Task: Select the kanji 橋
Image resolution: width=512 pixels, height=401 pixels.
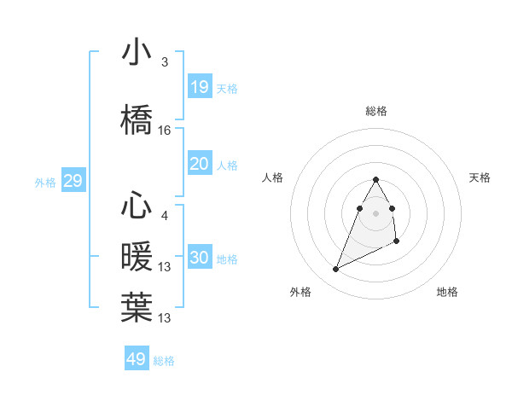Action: click(137, 119)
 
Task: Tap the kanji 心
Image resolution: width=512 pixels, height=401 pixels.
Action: click(137, 206)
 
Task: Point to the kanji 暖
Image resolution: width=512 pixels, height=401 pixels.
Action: click(137, 256)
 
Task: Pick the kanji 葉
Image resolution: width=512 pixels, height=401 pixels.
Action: click(137, 306)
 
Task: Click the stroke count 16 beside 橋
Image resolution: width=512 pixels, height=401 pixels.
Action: click(165, 131)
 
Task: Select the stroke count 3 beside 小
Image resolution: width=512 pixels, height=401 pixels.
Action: click(165, 62)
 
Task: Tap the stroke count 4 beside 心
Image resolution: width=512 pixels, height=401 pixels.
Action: click(165, 216)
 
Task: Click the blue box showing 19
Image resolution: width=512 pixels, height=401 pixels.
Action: click(200, 86)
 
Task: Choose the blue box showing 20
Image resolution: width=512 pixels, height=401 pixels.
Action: click(200, 164)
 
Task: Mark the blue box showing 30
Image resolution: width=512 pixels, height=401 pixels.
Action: click(200, 258)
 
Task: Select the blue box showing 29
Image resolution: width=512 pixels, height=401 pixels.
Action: click(73, 181)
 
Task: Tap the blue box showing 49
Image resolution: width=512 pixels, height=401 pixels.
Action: click(137, 359)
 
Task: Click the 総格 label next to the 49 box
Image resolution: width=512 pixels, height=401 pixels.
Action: click(164, 361)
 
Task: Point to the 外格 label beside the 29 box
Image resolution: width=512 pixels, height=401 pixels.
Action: click(44, 182)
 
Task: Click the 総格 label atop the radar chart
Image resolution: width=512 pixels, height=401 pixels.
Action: click(376, 111)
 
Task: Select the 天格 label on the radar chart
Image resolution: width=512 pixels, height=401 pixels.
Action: click(480, 177)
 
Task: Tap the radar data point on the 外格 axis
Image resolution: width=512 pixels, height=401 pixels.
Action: click(335, 270)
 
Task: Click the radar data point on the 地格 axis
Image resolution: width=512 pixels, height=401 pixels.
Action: click(398, 242)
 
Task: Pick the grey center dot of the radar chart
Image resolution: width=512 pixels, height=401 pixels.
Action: click(376, 212)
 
